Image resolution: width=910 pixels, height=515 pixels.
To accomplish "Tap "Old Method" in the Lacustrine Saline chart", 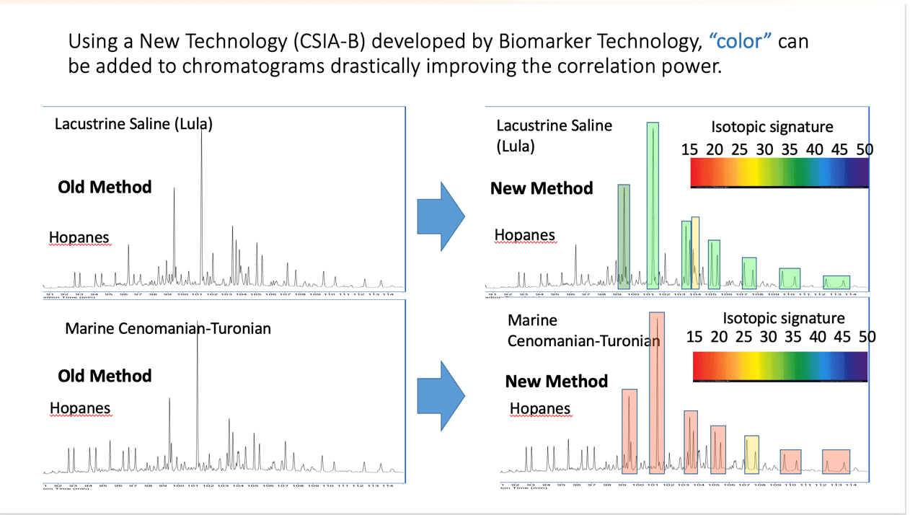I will coord(105,188).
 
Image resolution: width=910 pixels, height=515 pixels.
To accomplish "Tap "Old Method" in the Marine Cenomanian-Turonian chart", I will coord(105,376).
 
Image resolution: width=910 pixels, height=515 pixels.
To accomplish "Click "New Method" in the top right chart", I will coord(542,188).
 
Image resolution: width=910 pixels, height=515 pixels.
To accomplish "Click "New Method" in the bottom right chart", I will coord(556,381).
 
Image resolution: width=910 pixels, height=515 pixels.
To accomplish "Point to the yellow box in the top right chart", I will coord(696,252).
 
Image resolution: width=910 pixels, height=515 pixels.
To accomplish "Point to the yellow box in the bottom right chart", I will coord(751,454).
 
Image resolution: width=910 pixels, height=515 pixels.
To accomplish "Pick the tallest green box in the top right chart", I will coord(653,206).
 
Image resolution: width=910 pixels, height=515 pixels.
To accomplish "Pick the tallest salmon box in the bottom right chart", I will coord(657,392).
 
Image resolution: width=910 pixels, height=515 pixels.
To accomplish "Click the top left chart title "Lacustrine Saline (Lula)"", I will coord(133,124).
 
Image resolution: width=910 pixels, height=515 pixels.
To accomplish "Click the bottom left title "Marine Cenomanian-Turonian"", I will coord(168,329).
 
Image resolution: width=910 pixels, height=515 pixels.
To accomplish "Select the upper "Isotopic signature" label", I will coord(772,128).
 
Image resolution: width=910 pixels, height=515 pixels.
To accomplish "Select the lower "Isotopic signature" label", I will coord(783,318).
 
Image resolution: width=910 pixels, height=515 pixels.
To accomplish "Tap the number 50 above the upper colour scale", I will coord(865,149).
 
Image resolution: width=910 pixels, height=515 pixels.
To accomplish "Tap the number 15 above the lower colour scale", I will coord(694,337).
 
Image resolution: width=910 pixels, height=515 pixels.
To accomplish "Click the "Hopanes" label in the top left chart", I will coord(79,237).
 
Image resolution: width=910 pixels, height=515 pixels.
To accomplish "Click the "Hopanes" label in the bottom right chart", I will coord(539,409).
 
